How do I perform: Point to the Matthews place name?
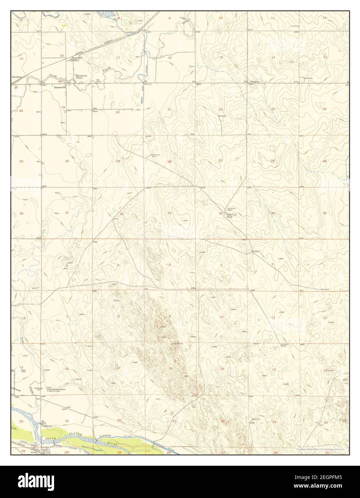tap(17, 77)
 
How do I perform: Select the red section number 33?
tap(169, 213)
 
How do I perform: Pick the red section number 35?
tap(273, 213)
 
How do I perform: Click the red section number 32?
tap(121, 214)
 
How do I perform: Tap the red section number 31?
tap(67, 213)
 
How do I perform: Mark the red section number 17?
tap(118, 57)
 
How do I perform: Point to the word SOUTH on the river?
tap(49, 439)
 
